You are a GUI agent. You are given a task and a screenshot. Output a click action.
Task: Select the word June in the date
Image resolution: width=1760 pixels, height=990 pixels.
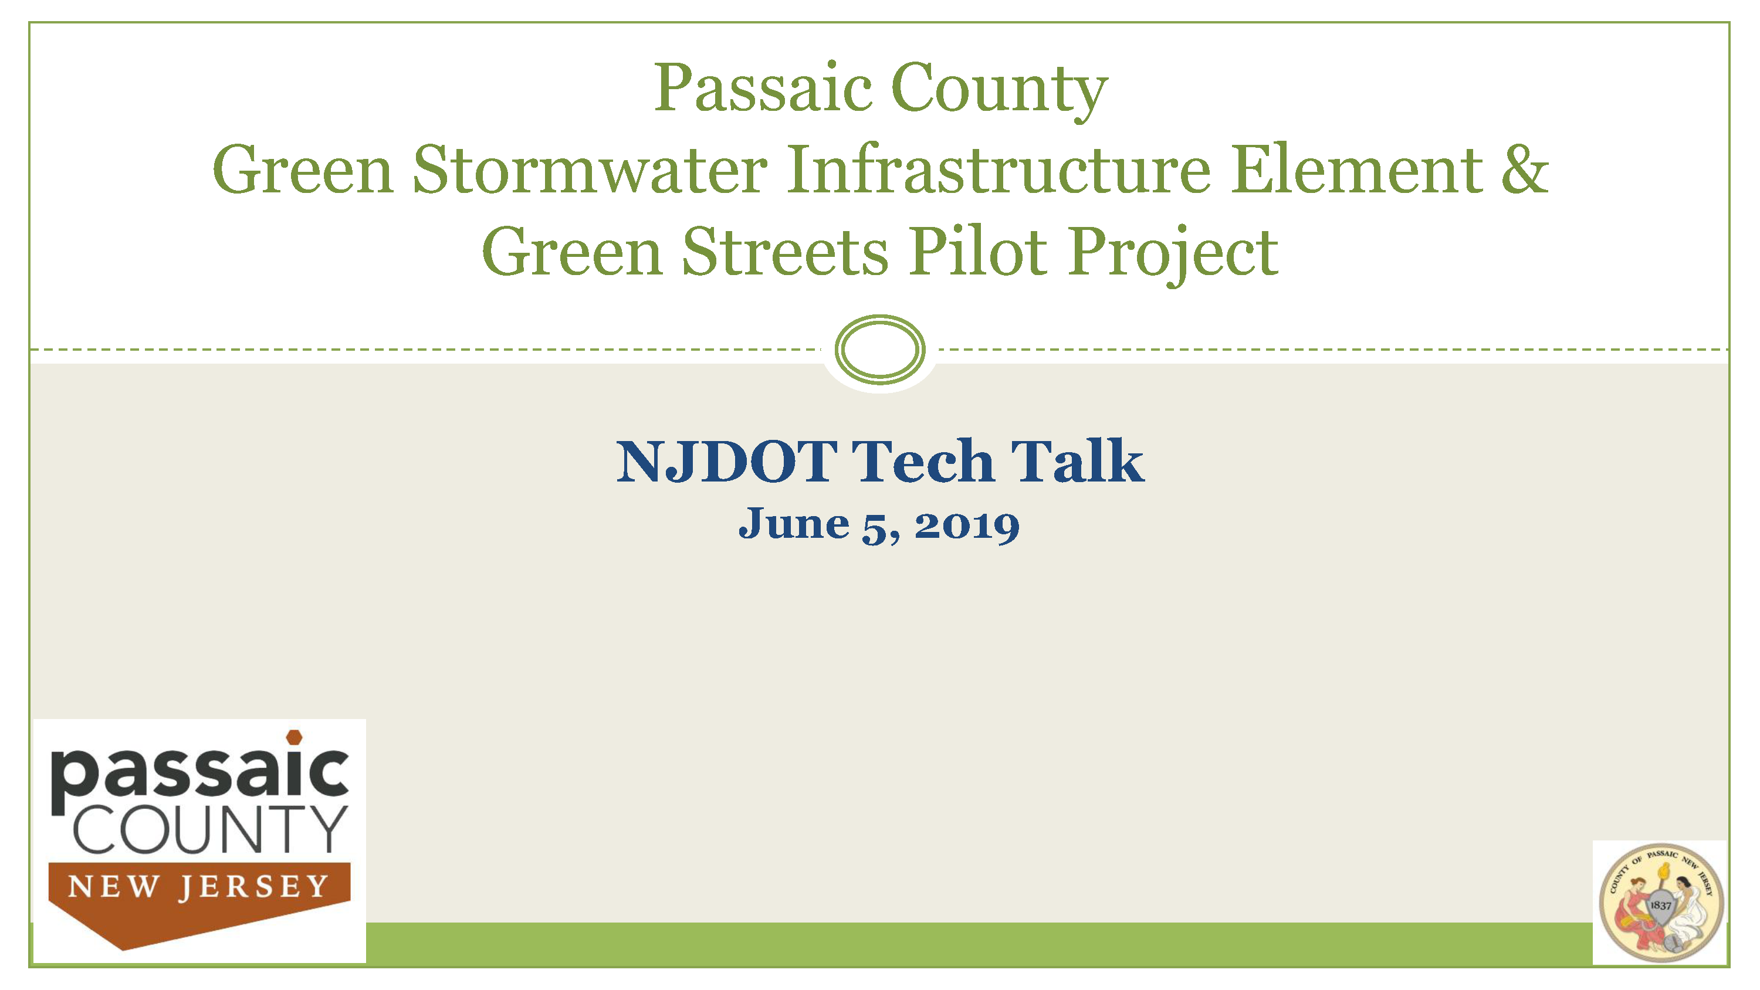[x=793, y=524]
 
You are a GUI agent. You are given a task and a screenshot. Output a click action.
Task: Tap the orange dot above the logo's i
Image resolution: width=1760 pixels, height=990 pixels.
[x=294, y=737]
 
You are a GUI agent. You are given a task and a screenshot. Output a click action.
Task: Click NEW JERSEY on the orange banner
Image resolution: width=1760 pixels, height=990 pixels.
[x=199, y=886]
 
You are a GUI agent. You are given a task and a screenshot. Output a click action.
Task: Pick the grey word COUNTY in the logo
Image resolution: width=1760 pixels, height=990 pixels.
[x=210, y=829]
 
